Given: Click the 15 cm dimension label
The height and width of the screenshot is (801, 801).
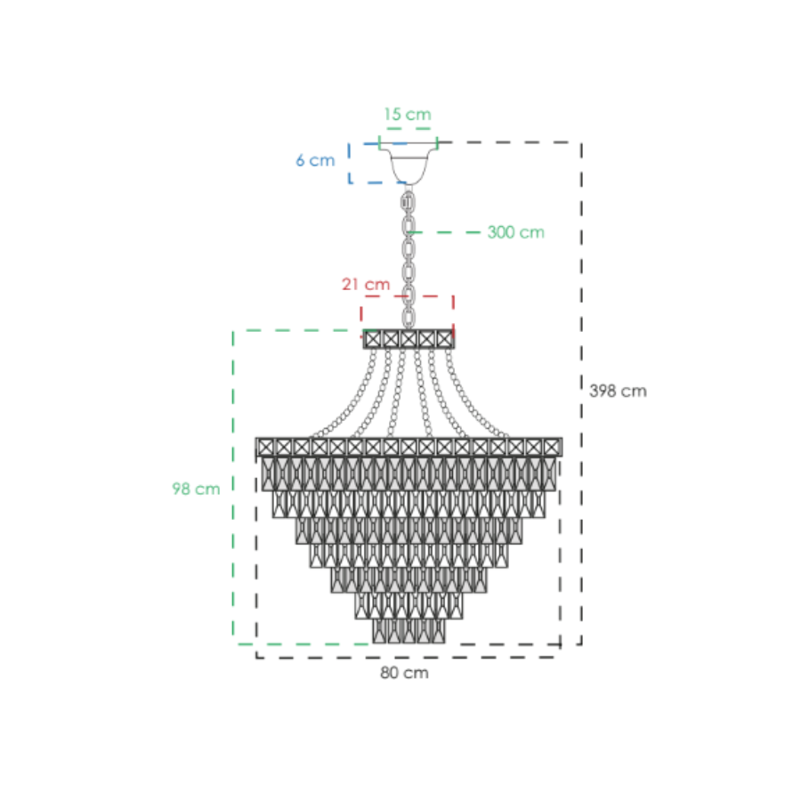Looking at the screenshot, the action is click(x=408, y=114).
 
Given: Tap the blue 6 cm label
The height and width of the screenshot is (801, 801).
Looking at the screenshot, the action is click(x=315, y=160).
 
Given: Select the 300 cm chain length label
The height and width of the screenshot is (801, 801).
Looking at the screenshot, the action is click(x=515, y=232).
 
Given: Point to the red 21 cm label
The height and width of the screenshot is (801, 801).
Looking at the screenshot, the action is click(x=366, y=284).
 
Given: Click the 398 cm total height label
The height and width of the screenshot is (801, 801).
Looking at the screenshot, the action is click(x=618, y=391).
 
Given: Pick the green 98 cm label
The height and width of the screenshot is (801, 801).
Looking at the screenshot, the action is click(x=196, y=489).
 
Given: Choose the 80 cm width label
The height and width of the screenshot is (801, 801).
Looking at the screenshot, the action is click(x=404, y=673).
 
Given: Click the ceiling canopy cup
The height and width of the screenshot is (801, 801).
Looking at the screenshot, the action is click(x=409, y=163).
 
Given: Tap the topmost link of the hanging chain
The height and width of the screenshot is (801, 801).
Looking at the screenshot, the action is click(x=409, y=202).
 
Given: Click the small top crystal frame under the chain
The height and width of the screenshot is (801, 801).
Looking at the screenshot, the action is click(x=409, y=339).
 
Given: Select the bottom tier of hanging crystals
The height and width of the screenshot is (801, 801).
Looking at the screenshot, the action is click(x=409, y=631).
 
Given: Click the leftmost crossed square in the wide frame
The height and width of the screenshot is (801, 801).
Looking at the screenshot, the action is click(x=265, y=447).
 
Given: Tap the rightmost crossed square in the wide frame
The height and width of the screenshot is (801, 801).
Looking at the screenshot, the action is click(x=552, y=447).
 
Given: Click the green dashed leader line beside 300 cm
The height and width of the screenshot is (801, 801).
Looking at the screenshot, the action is click(x=444, y=232).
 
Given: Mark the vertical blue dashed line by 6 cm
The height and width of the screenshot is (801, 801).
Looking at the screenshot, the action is click(x=350, y=163).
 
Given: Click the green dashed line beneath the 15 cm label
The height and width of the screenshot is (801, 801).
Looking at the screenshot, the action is click(x=409, y=128).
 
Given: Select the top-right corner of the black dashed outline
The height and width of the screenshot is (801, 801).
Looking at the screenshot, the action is click(x=581, y=142).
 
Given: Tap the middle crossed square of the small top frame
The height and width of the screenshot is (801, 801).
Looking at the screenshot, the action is click(x=409, y=339).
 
